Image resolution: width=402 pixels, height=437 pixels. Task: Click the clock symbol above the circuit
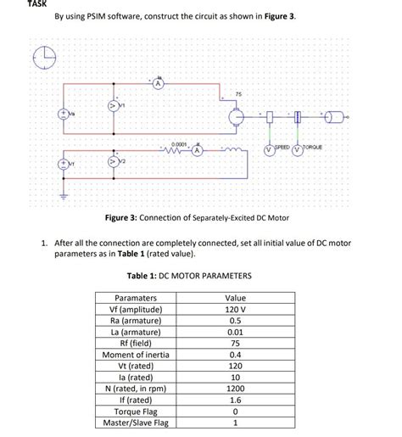(43, 59)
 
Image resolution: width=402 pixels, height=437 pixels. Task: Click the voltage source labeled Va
(61, 113)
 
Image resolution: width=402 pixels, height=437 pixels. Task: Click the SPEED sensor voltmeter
(268, 149)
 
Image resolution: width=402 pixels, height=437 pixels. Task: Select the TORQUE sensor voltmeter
(296, 149)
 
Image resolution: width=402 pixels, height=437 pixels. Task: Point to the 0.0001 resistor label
(180, 145)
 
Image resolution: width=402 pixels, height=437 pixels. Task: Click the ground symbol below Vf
(61, 191)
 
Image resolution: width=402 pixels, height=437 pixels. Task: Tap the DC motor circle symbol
(237, 117)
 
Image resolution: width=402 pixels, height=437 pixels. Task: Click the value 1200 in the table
(235, 388)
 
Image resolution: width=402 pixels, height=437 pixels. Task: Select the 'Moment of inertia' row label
(136, 354)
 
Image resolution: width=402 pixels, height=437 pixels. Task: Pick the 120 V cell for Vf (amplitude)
(235, 310)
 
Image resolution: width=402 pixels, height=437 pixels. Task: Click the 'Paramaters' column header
(136, 299)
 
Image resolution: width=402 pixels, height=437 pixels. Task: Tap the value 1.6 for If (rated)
(235, 399)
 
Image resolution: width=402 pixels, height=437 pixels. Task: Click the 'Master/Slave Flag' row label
(136, 422)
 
